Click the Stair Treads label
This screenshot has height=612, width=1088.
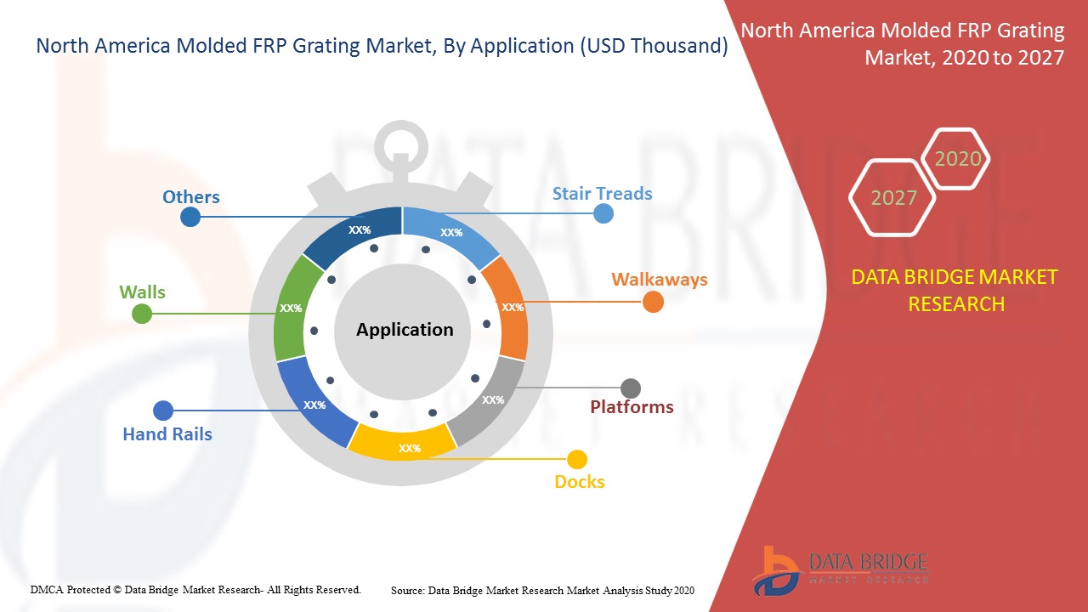(602, 193)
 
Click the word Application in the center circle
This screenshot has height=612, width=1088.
(405, 330)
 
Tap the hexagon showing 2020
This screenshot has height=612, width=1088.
(957, 159)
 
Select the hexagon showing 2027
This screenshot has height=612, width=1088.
(893, 198)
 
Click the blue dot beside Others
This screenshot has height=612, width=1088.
(190, 217)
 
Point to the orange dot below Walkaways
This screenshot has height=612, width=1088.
(653, 302)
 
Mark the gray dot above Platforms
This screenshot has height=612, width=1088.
(631, 388)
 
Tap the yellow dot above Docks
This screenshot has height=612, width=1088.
(577, 460)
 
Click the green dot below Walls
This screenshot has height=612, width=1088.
(142, 314)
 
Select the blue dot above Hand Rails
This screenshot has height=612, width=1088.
(163, 411)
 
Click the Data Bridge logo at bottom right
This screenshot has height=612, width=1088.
(838, 569)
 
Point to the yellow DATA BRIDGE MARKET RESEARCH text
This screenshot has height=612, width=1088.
(955, 290)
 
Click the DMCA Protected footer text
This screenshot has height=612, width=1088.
(195, 589)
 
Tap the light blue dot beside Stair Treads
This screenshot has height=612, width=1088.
(603, 213)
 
